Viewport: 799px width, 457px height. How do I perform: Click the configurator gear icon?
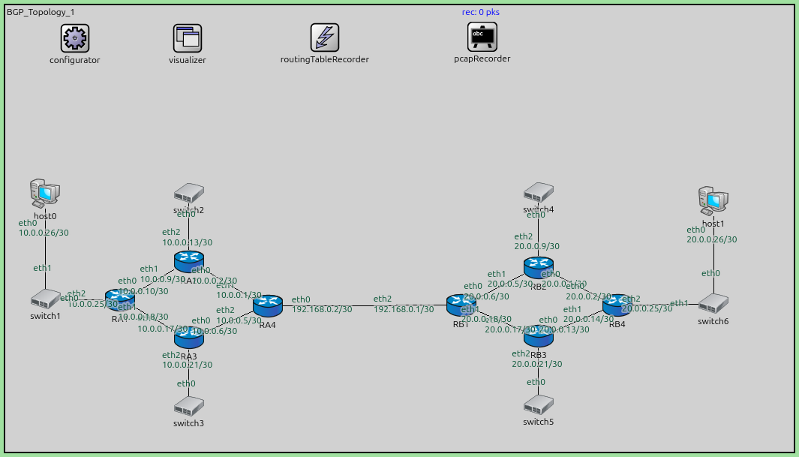point(75,38)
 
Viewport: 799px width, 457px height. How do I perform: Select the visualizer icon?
point(188,38)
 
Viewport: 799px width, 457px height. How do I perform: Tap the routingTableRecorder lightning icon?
point(325,38)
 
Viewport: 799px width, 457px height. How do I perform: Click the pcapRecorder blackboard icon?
point(482,35)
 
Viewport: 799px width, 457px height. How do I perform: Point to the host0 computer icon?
point(45,193)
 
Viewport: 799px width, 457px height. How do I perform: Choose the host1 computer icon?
point(713,200)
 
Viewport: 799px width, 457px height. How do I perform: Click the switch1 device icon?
point(45,299)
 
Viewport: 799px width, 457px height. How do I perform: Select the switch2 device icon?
point(188,193)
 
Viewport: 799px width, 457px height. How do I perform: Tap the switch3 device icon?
point(188,406)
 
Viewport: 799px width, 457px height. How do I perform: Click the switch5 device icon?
point(539,405)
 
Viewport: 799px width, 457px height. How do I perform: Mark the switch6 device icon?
point(713,303)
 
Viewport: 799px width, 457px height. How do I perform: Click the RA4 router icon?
point(267,305)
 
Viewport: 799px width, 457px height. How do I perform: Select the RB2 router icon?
point(538,266)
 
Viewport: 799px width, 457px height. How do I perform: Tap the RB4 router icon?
point(617,305)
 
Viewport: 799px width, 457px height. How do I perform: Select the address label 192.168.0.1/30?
point(404,309)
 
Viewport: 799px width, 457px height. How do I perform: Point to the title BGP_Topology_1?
point(41,12)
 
